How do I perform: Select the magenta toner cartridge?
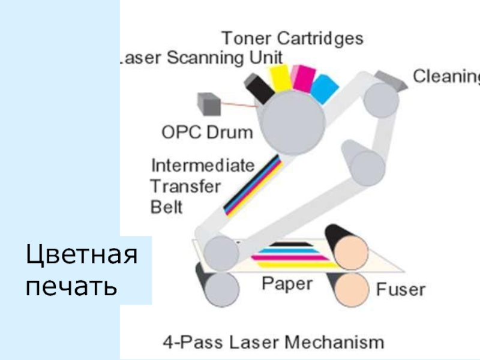pos(303,80)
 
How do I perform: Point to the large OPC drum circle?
pos(294,122)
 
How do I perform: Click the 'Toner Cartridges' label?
pos(293,38)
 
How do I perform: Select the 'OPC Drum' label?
pos(208,132)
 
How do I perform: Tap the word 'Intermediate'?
pos(203,164)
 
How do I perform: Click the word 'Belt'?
pos(166,206)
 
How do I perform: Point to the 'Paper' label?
pos(287,283)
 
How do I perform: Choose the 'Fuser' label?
pos(400,290)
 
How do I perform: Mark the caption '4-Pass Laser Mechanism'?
pos(274,343)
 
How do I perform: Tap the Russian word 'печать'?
pos(71,286)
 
